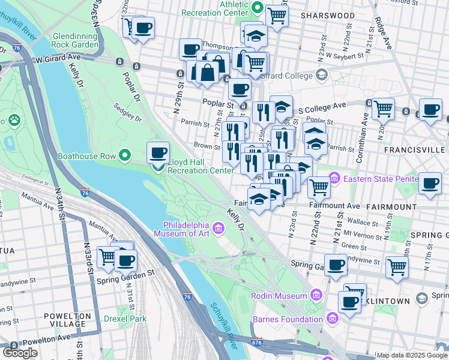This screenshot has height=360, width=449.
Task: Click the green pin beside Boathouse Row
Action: tap(125, 156)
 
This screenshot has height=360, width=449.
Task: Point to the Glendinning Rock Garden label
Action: tap(75, 40)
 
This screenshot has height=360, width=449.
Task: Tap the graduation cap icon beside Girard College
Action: tap(321, 76)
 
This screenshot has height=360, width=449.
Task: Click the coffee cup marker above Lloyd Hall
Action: tap(158, 152)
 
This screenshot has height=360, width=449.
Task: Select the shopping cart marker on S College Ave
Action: tap(383, 109)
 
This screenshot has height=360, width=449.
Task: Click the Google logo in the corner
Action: tap(20, 353)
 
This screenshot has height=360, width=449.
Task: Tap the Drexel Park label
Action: tap(125, 319)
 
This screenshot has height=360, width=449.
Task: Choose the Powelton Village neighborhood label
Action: tap(67, 320)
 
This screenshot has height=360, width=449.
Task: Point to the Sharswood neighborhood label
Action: tap(328, 15)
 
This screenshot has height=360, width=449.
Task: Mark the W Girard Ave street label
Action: tap(57, 59)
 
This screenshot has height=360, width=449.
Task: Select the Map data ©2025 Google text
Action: tap(412, 355)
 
